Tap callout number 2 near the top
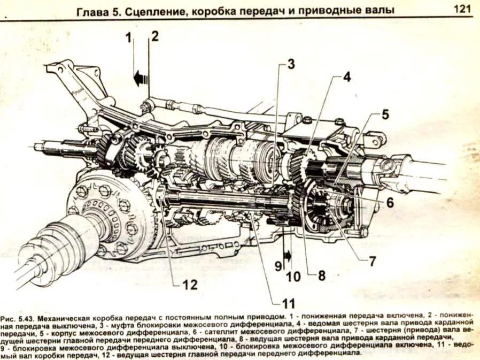(154, 36)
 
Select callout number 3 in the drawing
(290, 65)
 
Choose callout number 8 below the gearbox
(321, 276)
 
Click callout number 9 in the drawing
(278, 265)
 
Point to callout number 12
(190, 285)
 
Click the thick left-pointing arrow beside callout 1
(141, 79)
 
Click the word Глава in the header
(91, 10)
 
